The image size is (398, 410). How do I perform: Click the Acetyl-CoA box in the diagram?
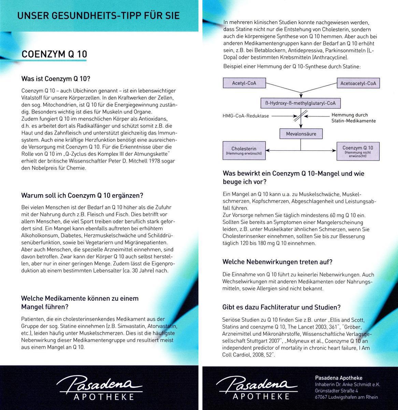click(x=244, y=83)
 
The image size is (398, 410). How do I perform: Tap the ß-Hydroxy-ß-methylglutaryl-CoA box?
click(x=300, y=103)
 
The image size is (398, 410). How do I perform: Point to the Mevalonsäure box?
click(x=301, y=134)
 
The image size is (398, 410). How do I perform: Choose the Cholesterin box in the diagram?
click(x=244, y=150)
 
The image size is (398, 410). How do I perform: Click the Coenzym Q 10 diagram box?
click(x=358, y=150)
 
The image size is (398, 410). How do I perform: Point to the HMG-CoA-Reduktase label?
click(x=246, y=116)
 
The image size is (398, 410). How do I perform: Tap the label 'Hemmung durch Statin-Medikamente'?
click(x=353, y=118)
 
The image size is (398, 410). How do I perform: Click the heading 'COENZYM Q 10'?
click(x=54, y=54)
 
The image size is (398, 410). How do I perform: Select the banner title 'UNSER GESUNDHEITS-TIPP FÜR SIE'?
click(x=98, y=16)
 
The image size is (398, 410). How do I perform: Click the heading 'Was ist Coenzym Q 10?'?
click(x=56, y=79)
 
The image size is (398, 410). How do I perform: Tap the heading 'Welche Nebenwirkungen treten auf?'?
click(x=277, y=262)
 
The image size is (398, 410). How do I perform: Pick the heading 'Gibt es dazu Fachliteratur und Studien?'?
click(x=281, y=307)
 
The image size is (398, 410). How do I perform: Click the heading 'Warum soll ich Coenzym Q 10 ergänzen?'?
click(x=82, y=195)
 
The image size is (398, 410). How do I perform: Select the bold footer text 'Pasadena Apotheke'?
click(x=338, y=378)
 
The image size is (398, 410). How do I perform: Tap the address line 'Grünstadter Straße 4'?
click(x=336, y=391)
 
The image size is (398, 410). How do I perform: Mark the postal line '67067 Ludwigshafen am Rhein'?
click(x=346, y=397)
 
